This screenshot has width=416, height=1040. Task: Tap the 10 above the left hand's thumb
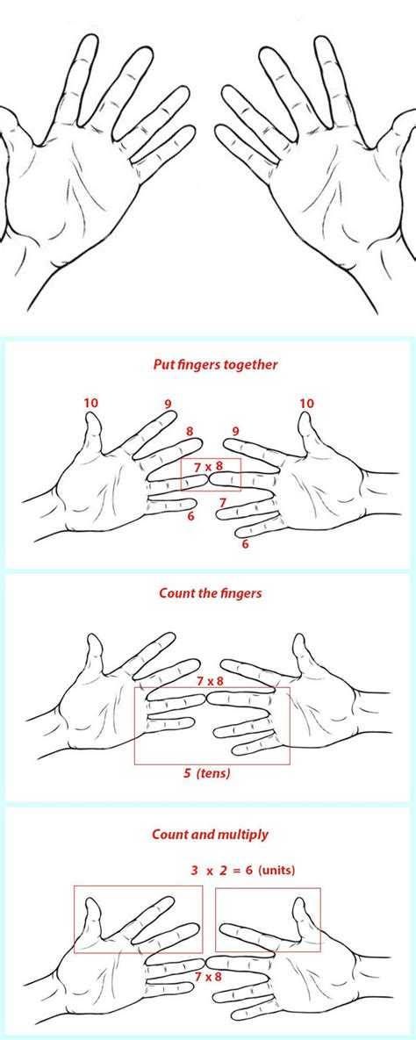coord(91,403)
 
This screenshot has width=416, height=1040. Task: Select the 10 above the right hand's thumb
coord(306,403)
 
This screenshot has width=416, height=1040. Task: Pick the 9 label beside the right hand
coord(235,432)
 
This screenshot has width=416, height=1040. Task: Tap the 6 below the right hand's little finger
coord(246,544)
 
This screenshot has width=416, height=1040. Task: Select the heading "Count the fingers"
coord(211,593)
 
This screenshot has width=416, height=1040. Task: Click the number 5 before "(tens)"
coord(188,772)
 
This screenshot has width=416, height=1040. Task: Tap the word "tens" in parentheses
coord(216,773)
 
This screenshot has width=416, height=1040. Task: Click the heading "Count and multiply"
coord(211,834)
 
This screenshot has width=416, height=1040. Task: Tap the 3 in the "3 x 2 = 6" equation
coord(195,871)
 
